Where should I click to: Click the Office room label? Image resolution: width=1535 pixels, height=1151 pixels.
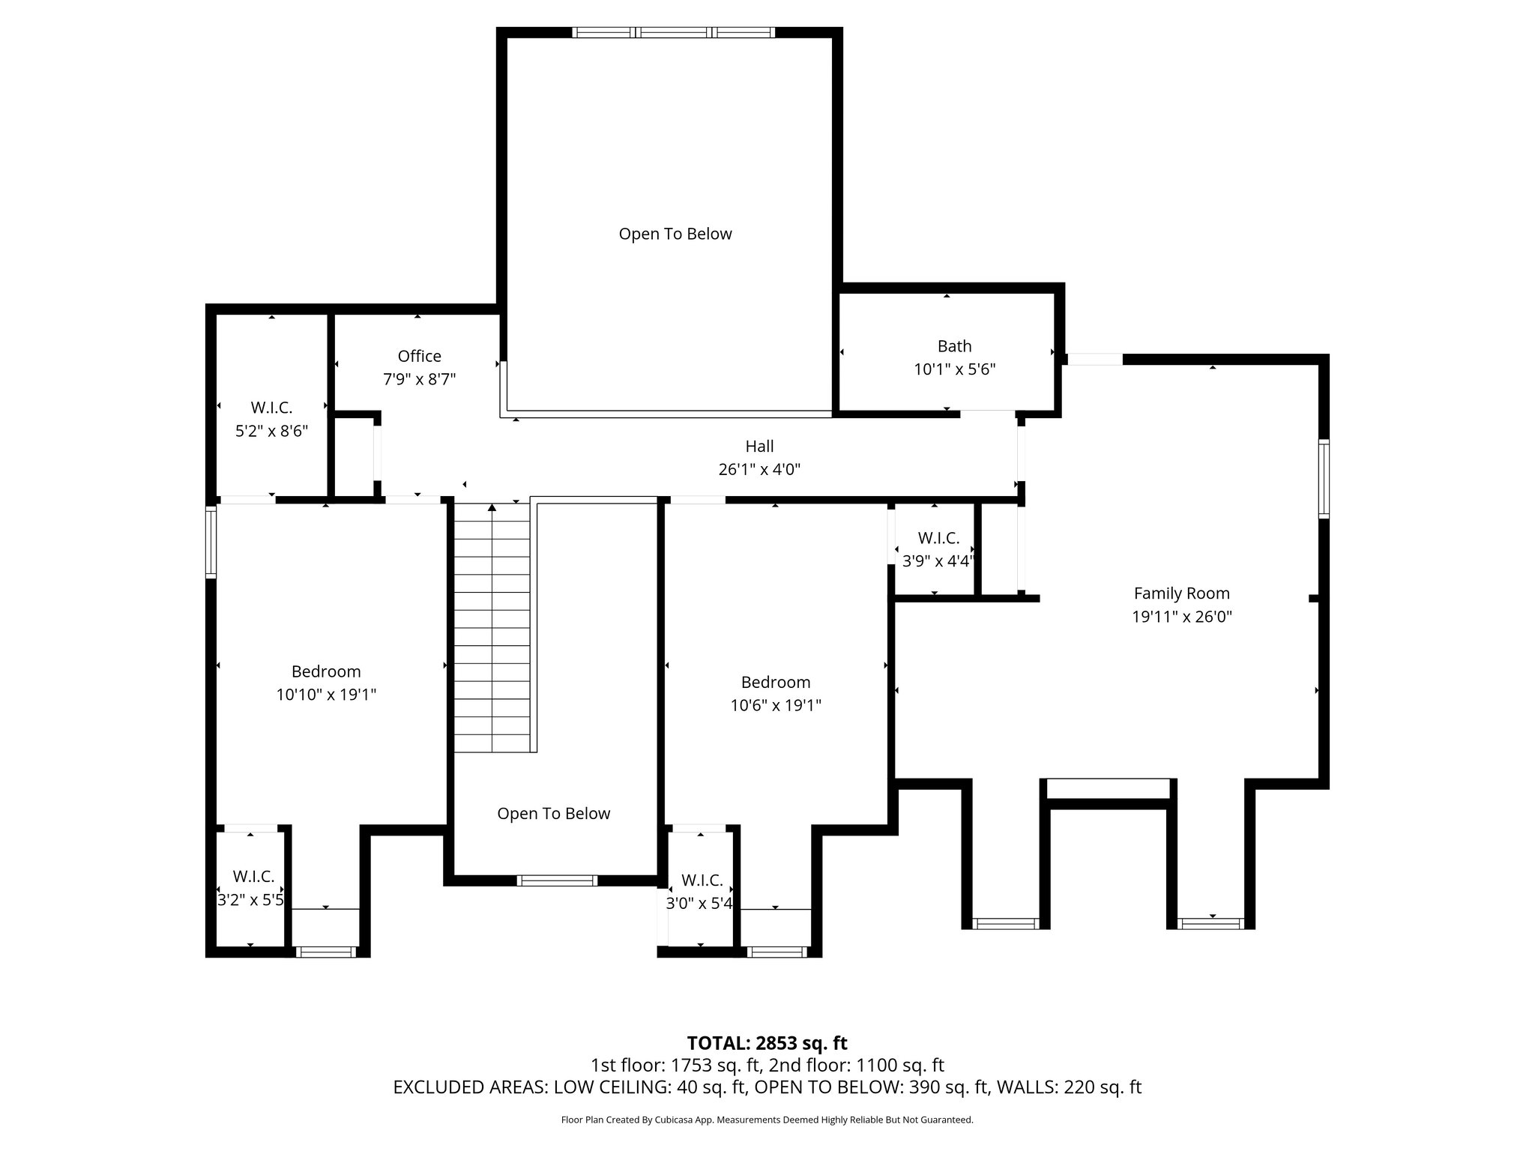(x=419, y=356)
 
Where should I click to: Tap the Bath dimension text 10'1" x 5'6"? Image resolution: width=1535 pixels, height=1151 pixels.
(x=954, y=369)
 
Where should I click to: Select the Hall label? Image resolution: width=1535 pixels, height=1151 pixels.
(x=759, y=447)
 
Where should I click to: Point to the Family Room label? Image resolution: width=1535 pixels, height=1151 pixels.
(x=1181, y=593)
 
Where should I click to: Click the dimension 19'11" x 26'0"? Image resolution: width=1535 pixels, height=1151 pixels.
(x=1181, y=617)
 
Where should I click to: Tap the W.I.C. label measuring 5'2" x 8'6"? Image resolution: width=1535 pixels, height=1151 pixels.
(x=271, y=408)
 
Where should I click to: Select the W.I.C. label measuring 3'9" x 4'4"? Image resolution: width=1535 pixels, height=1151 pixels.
(x=938, y=538)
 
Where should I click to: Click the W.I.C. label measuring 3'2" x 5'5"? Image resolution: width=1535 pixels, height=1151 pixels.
(x=253, y=876)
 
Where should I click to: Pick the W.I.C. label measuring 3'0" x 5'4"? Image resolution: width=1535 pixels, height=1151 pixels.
(x=702, y=880)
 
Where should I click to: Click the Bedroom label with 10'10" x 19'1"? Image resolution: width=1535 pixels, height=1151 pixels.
(x=326, y=671)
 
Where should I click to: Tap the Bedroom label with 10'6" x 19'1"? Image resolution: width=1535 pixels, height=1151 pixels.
(x=776, y=682)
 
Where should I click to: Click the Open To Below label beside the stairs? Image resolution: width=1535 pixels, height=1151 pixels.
(x=554, y=814)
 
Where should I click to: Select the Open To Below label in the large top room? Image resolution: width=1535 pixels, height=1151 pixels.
(x=675, y=234)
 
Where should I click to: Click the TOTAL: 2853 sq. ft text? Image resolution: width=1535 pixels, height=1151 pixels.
(x=767, y=1043)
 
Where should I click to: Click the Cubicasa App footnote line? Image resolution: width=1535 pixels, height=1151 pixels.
(x=767, y=1120)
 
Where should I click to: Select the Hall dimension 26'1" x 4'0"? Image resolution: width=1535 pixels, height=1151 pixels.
(x=759, y=470)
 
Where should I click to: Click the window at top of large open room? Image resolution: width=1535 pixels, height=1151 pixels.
(x=673, y=32)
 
